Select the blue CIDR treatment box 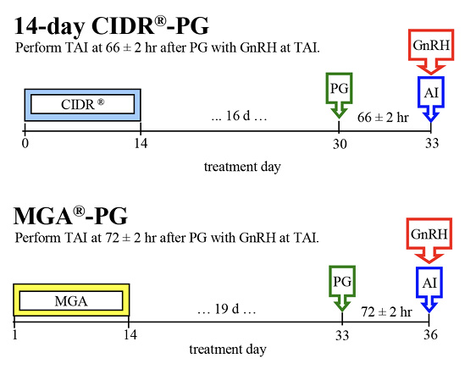81,104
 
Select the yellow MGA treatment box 71,299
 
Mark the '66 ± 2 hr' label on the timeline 385,116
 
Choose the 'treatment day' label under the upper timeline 242,166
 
